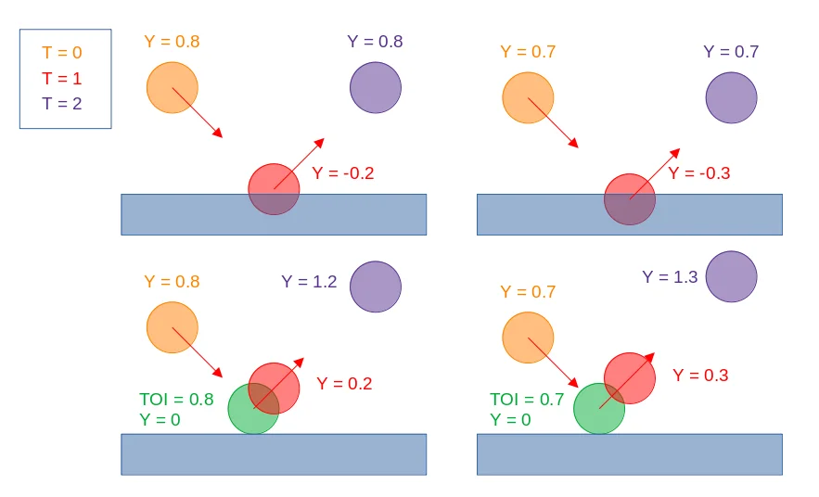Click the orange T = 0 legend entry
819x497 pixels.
pyautogui.click(x=62, y=54)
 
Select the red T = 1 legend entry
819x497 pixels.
pyautogui.click(x=62, y=79)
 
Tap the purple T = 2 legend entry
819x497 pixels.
pyautogui.click(x=62, y=103)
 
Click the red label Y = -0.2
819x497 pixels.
pyautogui.click(x=343, y=173)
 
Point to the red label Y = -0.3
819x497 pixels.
pyautogui.click(x=699, y=173)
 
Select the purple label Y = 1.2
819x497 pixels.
pyautogui.click(x=310, y=282)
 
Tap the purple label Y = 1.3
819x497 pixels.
pyautogui.click(x=670, y=277)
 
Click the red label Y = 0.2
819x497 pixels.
pyautogui.click(x=344, y=384)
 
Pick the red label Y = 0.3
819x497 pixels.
pyautogui.click(x=700, y=376)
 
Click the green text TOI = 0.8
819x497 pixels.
pyautogui.click(x=176, y=400)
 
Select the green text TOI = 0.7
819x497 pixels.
pyautogui.click(x=527, y=400)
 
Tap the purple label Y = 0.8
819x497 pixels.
pyautogui.click(x=375, y=42)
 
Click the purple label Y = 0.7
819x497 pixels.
pyautogui.click(x=731, y=52)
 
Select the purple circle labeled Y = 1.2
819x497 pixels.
pyautogui.click(x=376, y=287)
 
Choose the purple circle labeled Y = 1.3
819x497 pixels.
pyautogui.click(x=731, y=276)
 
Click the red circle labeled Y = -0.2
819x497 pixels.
pyautogui.click(x=274, y=189)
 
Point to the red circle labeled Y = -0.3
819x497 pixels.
pyautogui.click(x=630, y=199)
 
